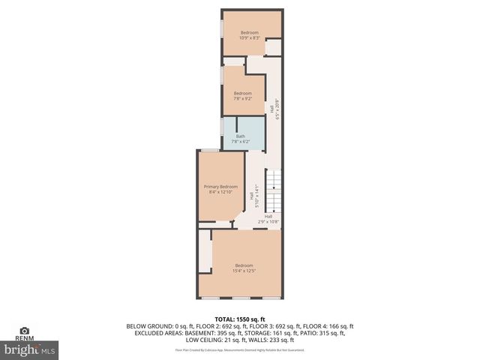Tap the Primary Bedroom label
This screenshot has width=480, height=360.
click(x=220, y=187)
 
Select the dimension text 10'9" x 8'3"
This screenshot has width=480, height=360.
click(x=249, y=37)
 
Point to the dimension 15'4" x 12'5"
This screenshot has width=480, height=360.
click(x=244, y=271)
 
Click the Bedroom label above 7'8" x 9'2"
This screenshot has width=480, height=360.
click(x=242, y=93)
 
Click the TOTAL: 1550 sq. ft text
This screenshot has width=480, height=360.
click(x=240, y=319)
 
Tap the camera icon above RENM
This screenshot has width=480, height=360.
click(x=24, y=330)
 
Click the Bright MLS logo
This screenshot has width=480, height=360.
click(x=30, y=349)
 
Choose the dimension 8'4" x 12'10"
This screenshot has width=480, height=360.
click(x=220, y=192)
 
